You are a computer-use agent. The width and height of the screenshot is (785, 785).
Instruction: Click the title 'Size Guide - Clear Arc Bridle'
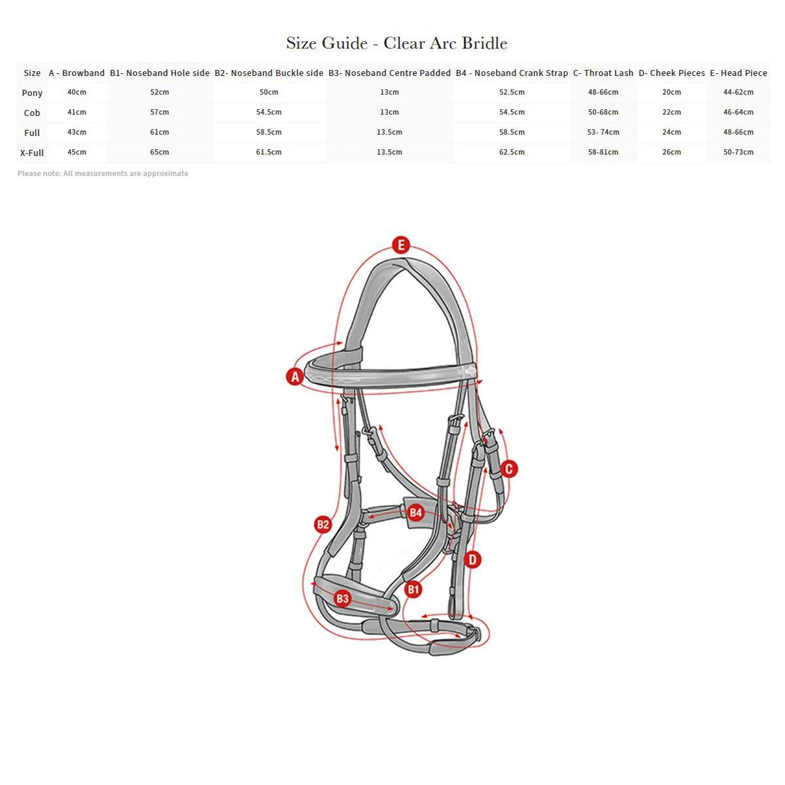point(396,43)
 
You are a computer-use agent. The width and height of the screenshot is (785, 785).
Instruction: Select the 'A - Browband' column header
point(77,73)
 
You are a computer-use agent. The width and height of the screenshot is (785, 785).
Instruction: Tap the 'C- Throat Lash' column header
point(603,73)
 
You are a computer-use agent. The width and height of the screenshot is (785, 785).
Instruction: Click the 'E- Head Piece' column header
point(738,73)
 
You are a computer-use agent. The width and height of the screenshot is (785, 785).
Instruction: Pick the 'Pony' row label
point(32,93)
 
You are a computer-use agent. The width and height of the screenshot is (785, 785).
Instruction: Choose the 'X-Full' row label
point(32,152)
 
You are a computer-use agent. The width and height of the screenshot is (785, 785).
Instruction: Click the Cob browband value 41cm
point(77,113)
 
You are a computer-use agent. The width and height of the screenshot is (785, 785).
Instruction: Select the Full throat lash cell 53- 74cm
point(603,132)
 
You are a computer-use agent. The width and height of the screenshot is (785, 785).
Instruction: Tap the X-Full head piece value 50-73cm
point(738,152)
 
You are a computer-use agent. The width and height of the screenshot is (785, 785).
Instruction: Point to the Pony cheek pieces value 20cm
point(671,92)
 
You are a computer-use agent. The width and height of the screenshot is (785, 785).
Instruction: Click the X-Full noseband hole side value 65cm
point(160,152)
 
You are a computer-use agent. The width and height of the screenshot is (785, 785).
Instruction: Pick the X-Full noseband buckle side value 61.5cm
point(269,152)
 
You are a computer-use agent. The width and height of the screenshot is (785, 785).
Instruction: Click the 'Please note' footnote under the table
point(103,173)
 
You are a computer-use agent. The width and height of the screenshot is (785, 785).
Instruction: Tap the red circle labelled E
point(401,245)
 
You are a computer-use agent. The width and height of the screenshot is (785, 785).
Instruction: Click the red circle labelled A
point(295,377)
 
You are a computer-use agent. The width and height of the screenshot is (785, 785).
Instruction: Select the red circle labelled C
point(509,468)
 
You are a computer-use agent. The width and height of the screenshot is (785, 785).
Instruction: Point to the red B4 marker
point(416,512)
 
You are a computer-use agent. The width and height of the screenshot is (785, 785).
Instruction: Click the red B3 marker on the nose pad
point(342,598)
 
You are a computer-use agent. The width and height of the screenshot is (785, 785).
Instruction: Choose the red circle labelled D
point(472,559)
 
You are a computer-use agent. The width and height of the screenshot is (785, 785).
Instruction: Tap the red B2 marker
point(323,524)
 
